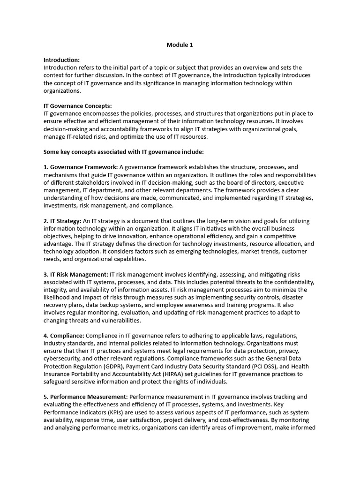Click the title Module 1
click(x=180, y=45)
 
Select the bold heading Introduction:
click(x=61, y=60)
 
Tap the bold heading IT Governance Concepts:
click(x=77, y=106)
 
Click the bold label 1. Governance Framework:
click(x=81, y=167)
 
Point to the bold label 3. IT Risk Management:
click(x=76, y=274)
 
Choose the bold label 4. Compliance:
click(x=64, y=336)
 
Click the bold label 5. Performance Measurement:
click(x=85, y=397)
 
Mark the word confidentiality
click(x=294, y=282)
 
